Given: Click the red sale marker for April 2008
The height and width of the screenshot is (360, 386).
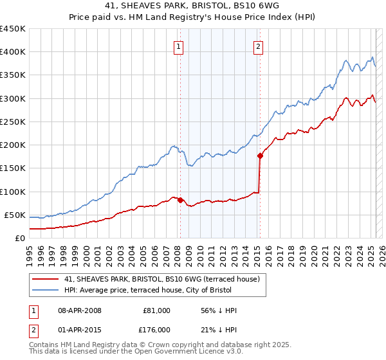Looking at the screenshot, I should pos(180,200).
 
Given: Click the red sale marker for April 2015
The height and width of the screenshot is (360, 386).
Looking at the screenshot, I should pos(261,156).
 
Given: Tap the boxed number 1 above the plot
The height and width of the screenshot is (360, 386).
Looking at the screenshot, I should pos(177,46).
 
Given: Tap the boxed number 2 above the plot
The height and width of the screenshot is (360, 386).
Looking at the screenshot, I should pos(257,46).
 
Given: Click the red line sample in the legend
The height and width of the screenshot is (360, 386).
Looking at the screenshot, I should pos(46,279).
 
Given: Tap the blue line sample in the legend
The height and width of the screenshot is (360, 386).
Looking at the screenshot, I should pos(46,290).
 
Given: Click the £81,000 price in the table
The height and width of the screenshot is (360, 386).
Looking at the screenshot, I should pos(158,310).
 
